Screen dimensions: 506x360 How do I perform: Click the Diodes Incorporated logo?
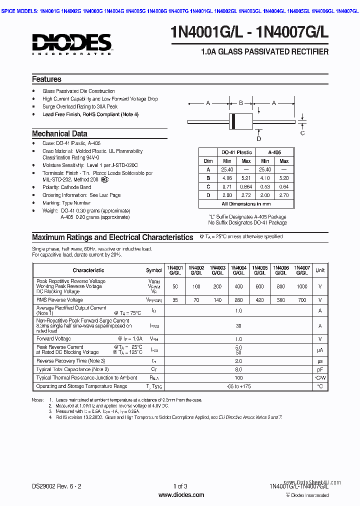coord(72,43)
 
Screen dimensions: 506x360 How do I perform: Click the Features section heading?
coord(46,79)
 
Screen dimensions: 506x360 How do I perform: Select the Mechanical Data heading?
coord(59,134)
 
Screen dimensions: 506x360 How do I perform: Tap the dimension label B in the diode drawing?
coord(240,103)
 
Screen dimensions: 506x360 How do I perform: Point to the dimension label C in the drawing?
coord(302,133)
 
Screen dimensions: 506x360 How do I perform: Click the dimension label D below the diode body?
coord(258,138)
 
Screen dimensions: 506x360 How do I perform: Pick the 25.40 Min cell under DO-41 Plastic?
coord(227,169)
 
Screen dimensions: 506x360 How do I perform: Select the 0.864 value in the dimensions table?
coord(246,186)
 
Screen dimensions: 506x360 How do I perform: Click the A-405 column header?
coord(274,152)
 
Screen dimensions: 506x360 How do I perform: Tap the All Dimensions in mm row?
coord(246,204)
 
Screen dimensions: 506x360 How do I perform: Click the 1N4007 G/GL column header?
coord(302,270)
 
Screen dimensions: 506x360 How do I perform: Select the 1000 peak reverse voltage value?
coord(302,286)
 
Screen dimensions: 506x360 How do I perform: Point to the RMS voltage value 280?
coord(238,300)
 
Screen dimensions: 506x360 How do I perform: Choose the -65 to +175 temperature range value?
coord(238,386)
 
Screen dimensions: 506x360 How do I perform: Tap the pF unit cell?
coord(320,369)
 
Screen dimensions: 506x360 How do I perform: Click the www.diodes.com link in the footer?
coord(181,495)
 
